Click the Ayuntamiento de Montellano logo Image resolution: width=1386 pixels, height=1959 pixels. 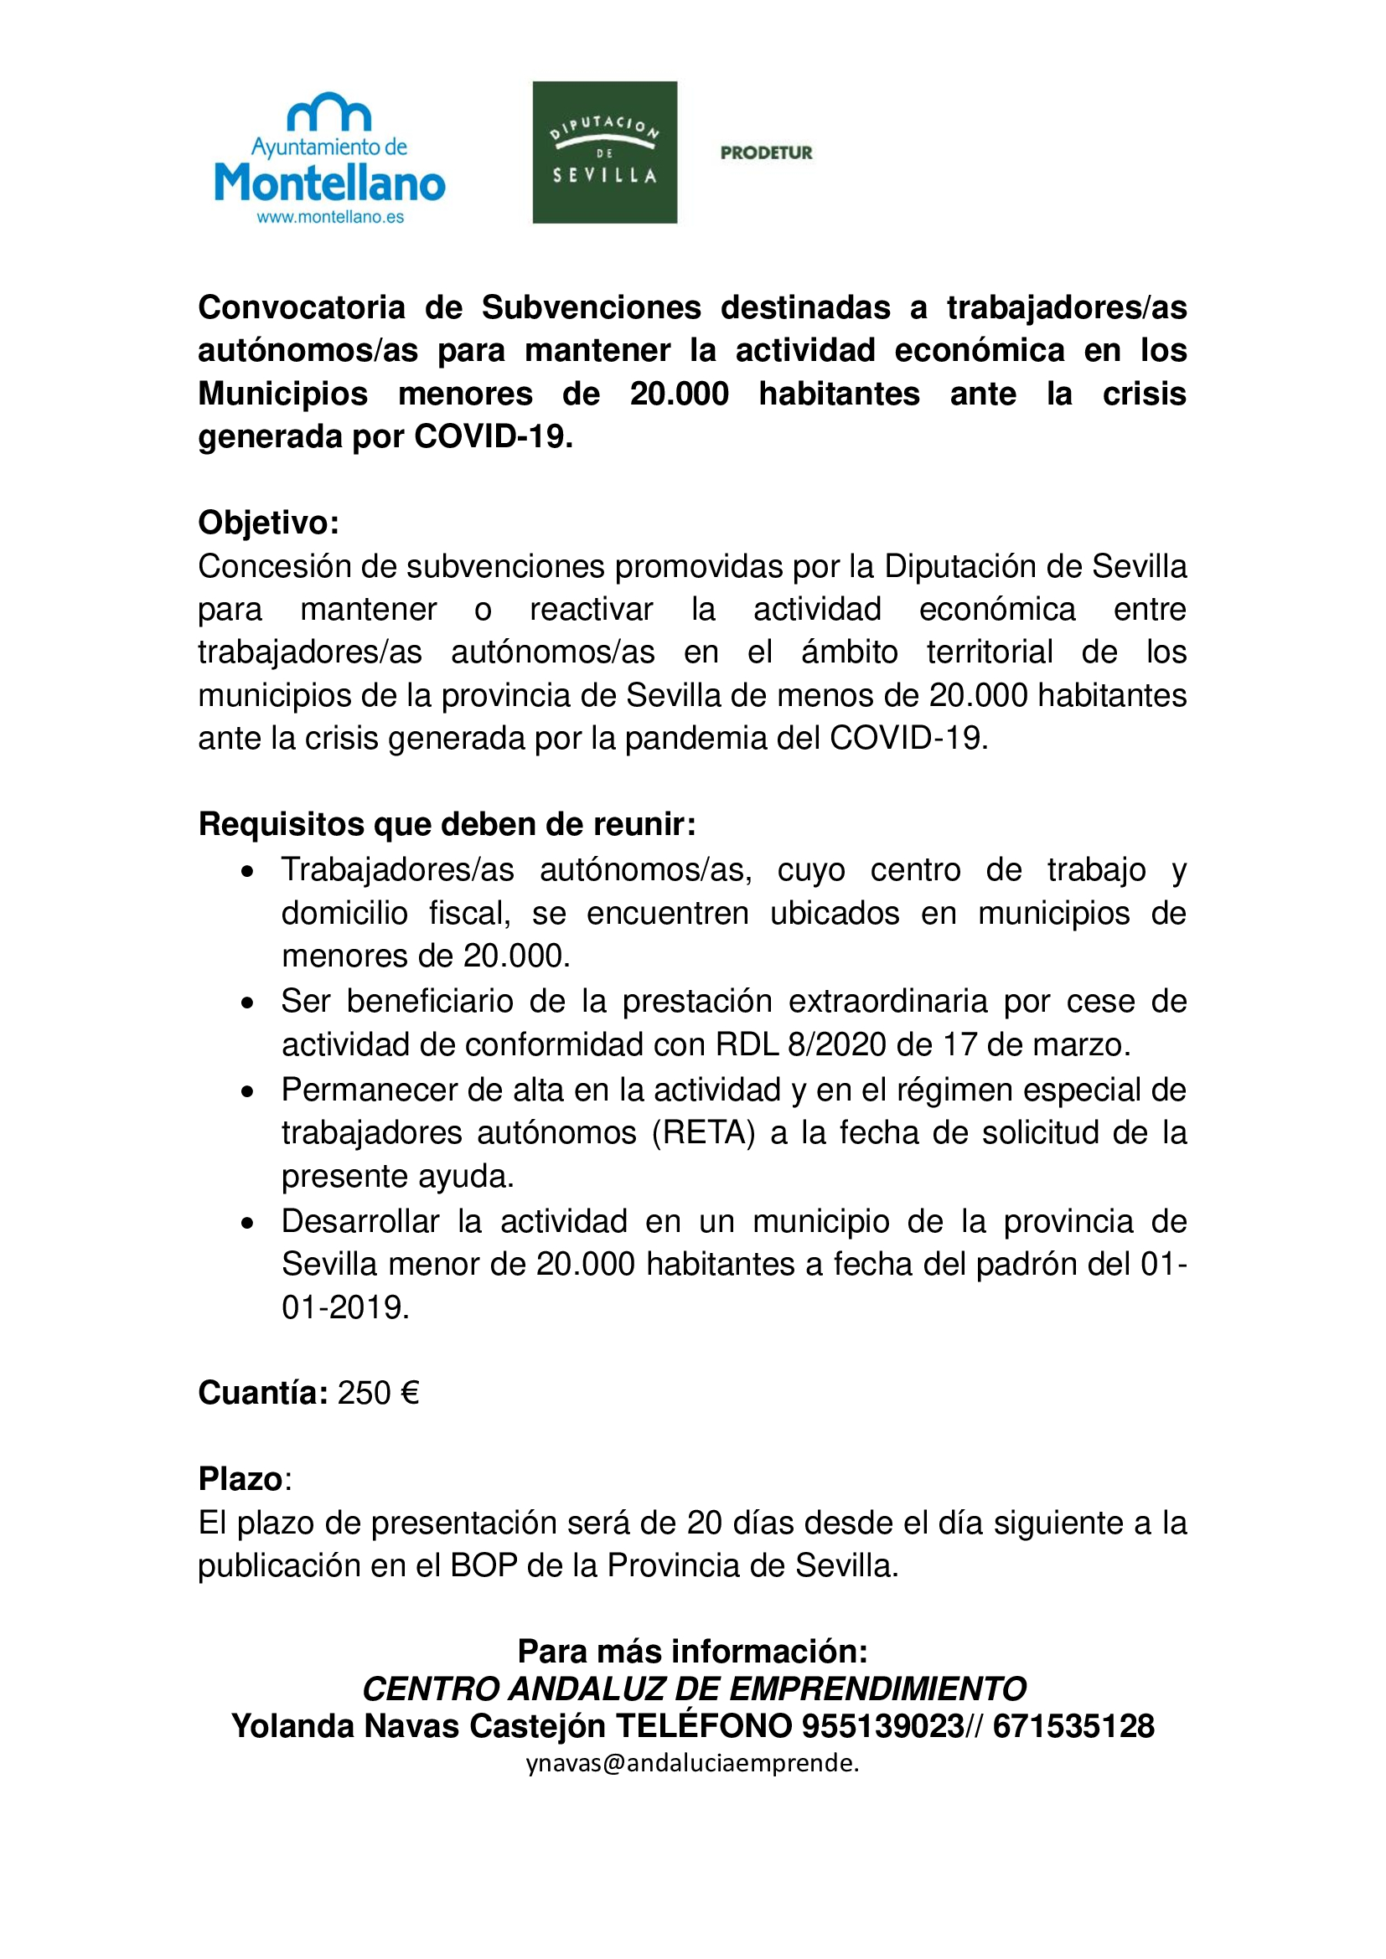[329, 157]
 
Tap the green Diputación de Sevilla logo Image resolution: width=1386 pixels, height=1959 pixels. [604, 152]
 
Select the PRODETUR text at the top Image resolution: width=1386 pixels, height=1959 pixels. [766, 152]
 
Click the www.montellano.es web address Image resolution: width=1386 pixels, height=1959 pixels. [330, 217]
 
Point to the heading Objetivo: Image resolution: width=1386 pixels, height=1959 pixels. [269, 522]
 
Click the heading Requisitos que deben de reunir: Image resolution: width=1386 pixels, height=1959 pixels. [447, 824]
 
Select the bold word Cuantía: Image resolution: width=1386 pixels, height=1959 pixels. [263, 1393]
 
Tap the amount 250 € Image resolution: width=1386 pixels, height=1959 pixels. [378, 1393]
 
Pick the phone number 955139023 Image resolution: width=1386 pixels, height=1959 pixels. [882, 1726]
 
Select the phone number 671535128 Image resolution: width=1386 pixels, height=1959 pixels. [1073, 1726]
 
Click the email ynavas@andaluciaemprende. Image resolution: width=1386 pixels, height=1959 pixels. [692, 1763]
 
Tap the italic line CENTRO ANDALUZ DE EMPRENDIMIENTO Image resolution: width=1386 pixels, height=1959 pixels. [693, 1688]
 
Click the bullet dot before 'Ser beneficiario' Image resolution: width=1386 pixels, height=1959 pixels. [247, 1003]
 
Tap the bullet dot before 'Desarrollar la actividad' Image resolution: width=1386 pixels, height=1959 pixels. [247, 1224]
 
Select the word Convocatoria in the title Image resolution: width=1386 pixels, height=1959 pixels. [302, 307]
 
